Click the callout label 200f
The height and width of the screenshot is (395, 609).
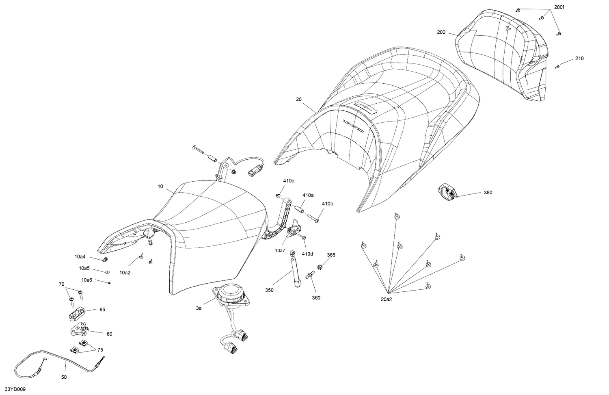559,7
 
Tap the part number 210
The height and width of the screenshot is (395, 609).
579,58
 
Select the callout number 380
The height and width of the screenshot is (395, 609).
488,192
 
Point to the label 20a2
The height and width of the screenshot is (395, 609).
387,300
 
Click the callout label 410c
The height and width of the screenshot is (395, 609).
288,180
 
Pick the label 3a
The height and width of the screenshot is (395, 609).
199,308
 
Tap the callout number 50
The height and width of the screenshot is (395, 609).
64,377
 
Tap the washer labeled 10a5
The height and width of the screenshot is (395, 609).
107,272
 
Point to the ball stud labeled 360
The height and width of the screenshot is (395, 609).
310,275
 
